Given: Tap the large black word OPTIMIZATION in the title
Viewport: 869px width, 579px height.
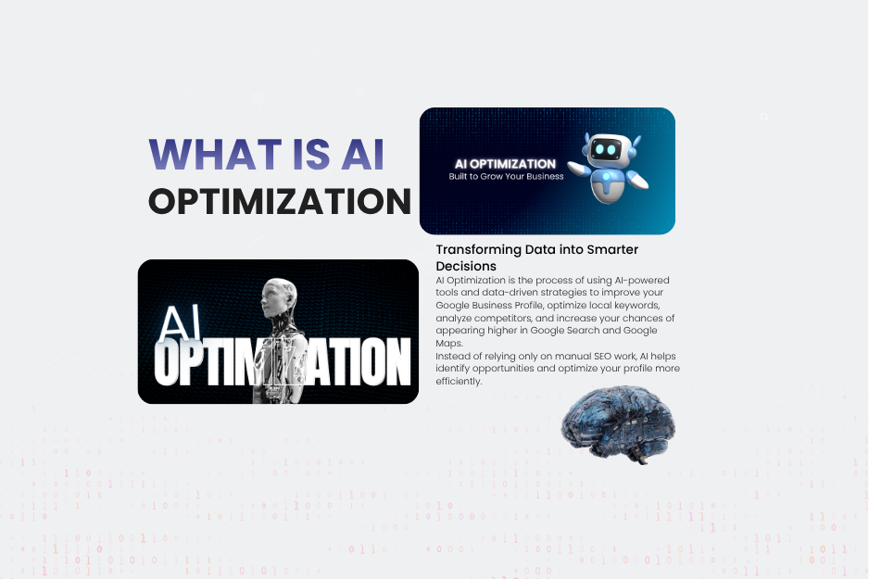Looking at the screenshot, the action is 280,201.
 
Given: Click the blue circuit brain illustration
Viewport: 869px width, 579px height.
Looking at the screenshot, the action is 618,424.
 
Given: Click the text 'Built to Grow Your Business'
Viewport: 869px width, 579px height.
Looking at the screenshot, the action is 506,176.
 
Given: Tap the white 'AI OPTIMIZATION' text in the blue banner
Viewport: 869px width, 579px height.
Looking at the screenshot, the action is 505,164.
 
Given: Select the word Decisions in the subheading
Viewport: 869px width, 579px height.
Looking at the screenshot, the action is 465,266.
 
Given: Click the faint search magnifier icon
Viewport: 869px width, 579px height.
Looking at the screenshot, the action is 764,117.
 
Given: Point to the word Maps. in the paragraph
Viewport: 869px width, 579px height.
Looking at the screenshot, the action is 449,343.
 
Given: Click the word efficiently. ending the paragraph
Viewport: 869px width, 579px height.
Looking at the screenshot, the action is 459,381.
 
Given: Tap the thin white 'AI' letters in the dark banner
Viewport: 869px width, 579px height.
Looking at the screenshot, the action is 179,323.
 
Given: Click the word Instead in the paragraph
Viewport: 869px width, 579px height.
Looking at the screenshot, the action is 451,357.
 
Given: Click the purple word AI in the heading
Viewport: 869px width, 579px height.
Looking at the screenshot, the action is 362,154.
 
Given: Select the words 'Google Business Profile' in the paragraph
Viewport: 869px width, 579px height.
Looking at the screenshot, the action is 489,306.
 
